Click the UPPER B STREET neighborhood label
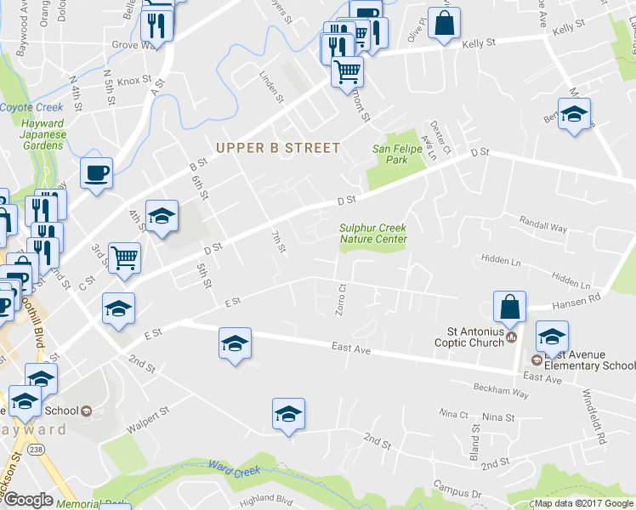coord(278,148)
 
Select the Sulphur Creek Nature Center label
coord(373,234)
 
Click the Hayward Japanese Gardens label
coord(42,134)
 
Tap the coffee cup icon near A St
coord(96,173)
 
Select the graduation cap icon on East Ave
coord(235,343)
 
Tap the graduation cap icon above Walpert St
coord(288,413)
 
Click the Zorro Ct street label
coord(340,298)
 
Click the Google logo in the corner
coord(28,500)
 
